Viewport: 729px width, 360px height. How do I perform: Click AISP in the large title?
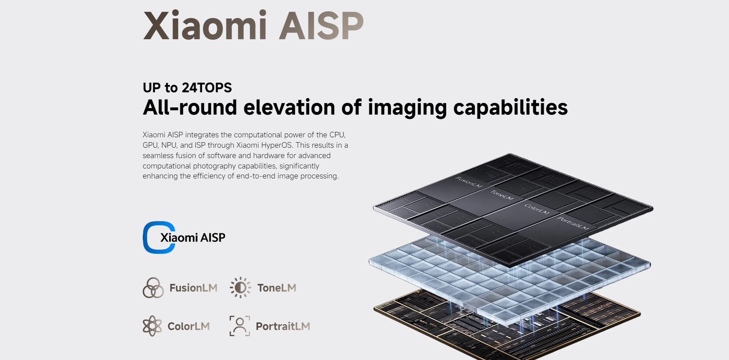click(x=321, y=25)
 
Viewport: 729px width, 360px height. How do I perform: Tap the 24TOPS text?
click(x=207, y=88)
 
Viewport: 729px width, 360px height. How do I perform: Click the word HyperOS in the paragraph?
click(x=277, y=145)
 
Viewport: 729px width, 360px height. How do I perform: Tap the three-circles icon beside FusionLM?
click(x=153, y=288)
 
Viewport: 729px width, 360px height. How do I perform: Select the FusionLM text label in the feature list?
click(x=194, y=288)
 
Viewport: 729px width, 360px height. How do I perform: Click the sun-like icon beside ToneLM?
click(x=240, y=288)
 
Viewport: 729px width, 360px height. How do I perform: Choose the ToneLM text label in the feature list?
click(x=277, y=288)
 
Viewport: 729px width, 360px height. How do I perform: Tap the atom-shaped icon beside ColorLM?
click(x=152, y=326)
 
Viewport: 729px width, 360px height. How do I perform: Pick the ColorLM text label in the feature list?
click(x=189, y=327)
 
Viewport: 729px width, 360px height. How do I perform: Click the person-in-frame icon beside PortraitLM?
click(x=240, y=326)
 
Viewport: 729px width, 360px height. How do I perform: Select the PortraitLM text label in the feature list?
click(x=283, y=327)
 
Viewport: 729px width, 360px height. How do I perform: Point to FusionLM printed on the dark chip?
click(x=469, y=182)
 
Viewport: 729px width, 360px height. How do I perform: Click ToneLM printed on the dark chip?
click(x=502, y=195)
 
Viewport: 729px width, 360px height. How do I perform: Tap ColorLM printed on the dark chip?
click(x=537, y=209)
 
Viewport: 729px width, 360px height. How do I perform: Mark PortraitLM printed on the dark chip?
click(x=573, y=223)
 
